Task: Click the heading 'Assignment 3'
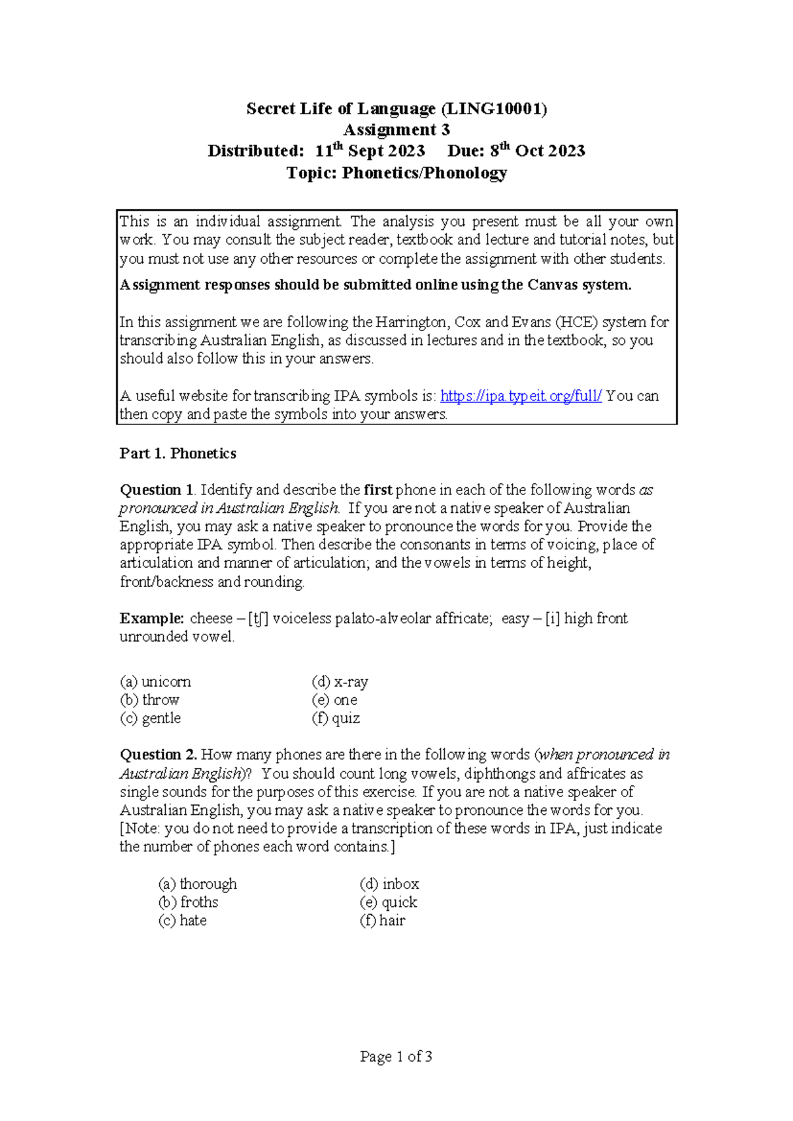(x=397, y=130)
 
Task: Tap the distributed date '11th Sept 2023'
(x=370, y=151)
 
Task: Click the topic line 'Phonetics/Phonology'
(x=424, y=173)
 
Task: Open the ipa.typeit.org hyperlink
(x=521, y=396)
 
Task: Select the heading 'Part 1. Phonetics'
(x=178, y=453)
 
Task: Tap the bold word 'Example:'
(x=152, y=619)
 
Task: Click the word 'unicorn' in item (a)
(x=166, y=682)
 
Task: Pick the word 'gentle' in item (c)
(x=161, y=718)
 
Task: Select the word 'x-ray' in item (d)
(x=351, y=682)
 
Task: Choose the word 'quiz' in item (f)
(x=346, y=718)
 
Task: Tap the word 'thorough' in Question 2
(x=208, y=884)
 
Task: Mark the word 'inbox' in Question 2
(x=400, y=884)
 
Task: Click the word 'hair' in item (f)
(x=392, y=921)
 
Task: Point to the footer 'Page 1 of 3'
(x=396, y=1057)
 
